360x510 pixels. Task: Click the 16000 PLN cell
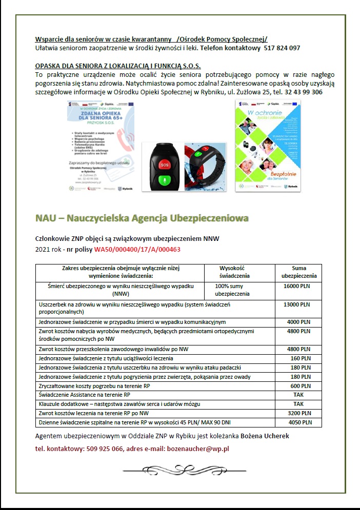coord(298,285)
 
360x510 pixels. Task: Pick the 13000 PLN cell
coord(298,304)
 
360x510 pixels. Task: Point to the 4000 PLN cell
coord(298,322)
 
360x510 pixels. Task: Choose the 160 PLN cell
coord(298,358)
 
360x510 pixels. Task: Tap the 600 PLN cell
coord(298,386)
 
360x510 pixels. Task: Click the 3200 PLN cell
coord(298,413)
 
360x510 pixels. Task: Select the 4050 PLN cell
coord(298,423)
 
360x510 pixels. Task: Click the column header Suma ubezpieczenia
coord(298,272)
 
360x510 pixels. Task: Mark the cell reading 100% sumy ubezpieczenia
coord(232,290)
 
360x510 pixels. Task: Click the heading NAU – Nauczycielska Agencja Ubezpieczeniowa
coord(142,218)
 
